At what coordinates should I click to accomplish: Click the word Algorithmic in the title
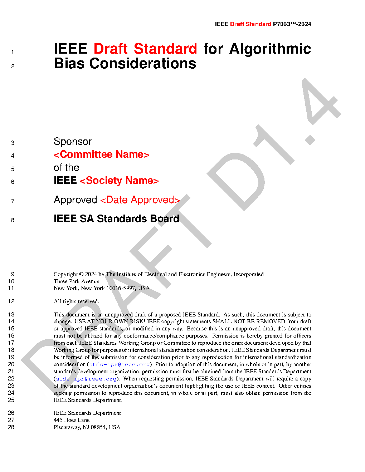pos(270,49)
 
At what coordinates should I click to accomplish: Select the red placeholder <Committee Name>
pos(101,154)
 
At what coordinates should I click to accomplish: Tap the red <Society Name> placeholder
pos(119,181)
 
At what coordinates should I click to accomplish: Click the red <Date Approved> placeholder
pos(140,200)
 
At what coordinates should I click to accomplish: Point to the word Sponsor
pos(73,142)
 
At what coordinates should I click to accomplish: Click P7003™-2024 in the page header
pos(292,24)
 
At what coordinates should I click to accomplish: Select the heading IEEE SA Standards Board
pos(116,218)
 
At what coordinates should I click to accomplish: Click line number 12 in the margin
pos(11,301)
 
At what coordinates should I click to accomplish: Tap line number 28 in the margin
pos(11,427)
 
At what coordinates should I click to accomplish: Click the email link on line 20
pos(120,364)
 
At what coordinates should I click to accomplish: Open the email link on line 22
pos(86,379)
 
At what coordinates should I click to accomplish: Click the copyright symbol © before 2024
pos(81,274)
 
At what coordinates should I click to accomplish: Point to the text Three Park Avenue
pos(76,281)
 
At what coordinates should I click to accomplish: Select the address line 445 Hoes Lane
pos(72,420)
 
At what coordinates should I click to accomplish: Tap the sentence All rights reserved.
pos(76,301)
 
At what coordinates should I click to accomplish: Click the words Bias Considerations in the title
pos(125,64)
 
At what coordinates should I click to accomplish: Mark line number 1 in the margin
pos(13,52)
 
